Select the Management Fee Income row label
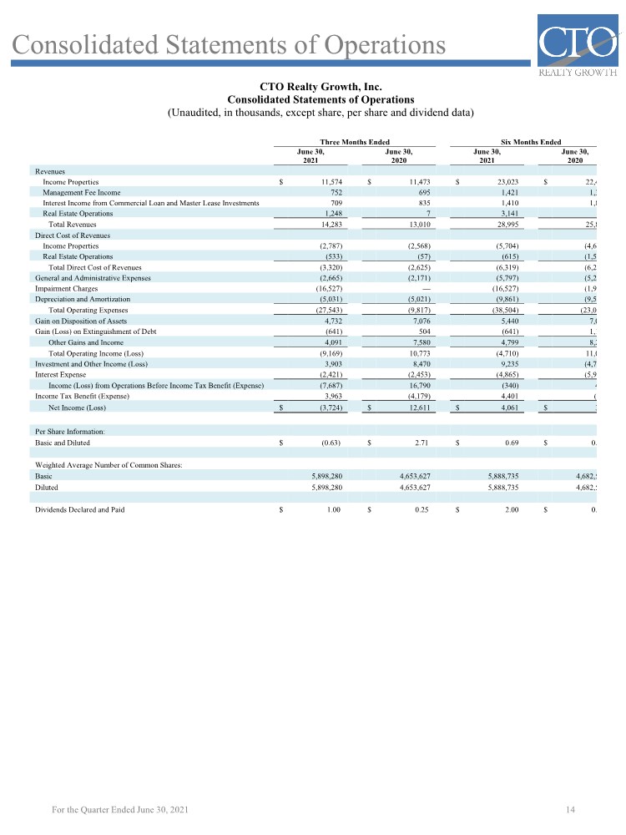tap(81, 192)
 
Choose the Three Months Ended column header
tap(355, 143)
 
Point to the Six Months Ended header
tap(531, 143)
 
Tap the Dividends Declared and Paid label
tap(79, 509)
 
